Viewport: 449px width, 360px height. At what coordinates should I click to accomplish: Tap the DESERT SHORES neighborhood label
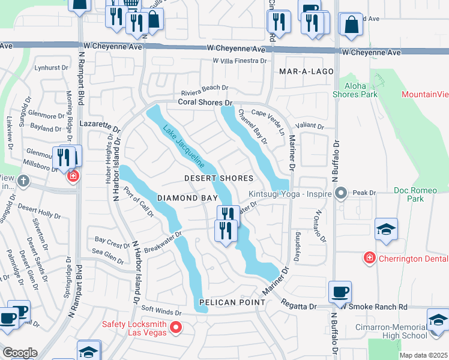click(x=218, y=179)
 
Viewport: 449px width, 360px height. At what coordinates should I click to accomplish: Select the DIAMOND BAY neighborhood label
click(x=185, y=197)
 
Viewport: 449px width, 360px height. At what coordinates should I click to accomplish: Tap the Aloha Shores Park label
click(x=355, y=90)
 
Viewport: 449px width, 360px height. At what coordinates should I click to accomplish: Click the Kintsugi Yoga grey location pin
click(x=341, y=193)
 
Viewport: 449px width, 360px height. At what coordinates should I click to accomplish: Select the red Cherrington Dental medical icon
click(x=369, y=258)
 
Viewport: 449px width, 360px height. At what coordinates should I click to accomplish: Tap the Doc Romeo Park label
click(x=414, y=194)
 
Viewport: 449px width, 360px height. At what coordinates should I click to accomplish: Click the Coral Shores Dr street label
click(x=204, y=103)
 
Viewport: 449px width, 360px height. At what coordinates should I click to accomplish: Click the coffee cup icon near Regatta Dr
click(x=341, y=292)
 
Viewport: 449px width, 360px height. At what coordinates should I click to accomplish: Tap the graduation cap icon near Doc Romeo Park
click(x=386, y=229)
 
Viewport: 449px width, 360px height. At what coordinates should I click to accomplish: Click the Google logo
click(x=20, y=353)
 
